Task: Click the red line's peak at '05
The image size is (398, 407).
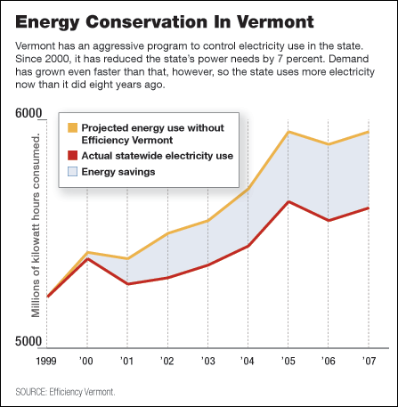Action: click(x=287, y=201)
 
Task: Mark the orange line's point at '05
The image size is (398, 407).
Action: click(x=287, y=132)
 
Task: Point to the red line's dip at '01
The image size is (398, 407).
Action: click(x=127, y=284)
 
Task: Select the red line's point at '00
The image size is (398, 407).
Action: click(x=87, y=258)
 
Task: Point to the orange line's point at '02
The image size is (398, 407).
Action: click(x=167, y=233)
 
